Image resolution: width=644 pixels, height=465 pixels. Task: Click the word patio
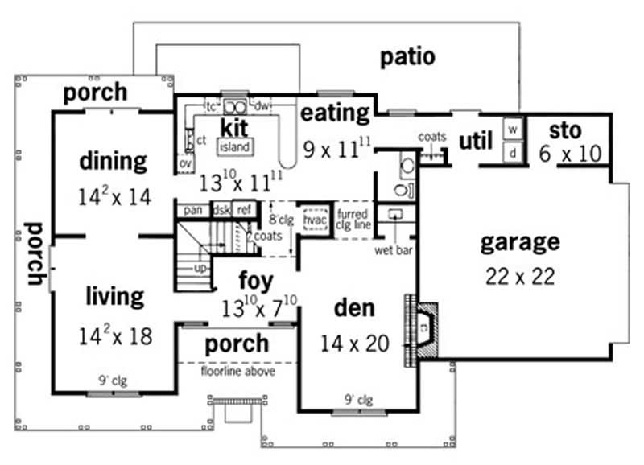407,57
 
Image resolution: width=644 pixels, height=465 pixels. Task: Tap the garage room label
519,241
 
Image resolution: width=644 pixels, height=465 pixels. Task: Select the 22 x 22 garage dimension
519,276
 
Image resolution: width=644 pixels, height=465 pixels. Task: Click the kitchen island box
234,146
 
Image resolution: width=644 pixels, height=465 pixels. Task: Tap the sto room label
566,129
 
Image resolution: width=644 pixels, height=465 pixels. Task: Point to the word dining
114,161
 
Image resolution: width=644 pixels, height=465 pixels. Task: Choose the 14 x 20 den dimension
355,344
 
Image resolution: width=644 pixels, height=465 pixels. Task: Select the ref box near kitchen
243,210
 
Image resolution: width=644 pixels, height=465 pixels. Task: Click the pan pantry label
192,210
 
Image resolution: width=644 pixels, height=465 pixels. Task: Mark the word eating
335,113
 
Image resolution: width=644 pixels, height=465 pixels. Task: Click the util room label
475,142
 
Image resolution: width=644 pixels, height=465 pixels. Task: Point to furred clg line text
353,220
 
